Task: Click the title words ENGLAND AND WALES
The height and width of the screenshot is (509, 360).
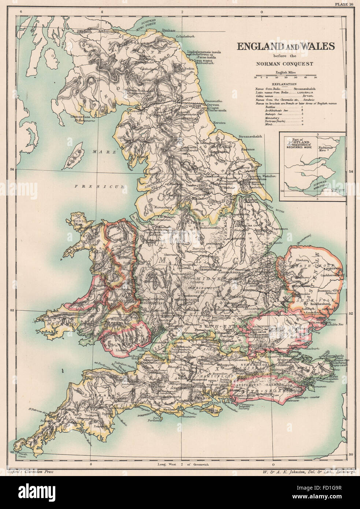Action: (285, 47)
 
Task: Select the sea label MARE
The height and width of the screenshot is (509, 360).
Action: (94, 151)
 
